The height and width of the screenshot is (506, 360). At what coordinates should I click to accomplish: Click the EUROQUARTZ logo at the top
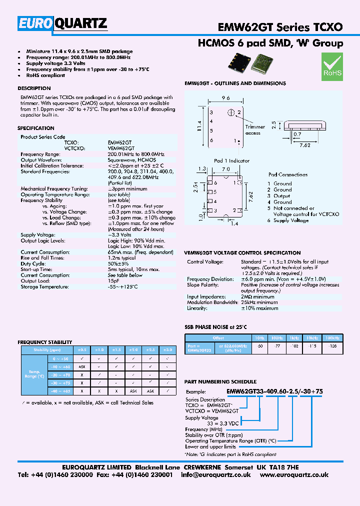[x=63, y=23]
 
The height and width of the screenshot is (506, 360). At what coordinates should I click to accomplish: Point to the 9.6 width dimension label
[x=225, y=98]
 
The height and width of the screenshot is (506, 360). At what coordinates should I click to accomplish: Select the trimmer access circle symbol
[x=231, y=112]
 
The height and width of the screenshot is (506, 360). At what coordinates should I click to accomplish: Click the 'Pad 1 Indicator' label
[x=231, y=160]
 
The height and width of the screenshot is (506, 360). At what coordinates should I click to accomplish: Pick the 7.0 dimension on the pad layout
[x=225, y=170]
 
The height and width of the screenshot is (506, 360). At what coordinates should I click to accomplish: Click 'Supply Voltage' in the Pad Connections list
[x=290, y=220]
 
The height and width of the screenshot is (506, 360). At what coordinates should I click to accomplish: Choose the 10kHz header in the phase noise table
[x=311, y=338]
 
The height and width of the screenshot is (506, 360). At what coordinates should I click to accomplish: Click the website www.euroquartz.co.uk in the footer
[x=301, y=474]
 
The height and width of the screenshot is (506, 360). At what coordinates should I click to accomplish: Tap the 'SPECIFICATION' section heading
[x=36, y=128]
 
